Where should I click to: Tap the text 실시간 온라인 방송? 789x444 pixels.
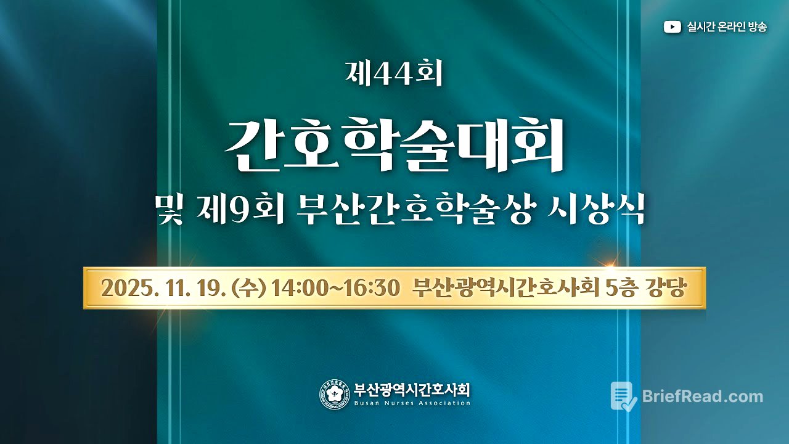727,27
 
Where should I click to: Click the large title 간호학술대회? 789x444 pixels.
394,146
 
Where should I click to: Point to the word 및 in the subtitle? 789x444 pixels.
168,210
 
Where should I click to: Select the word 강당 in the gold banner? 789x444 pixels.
668,288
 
